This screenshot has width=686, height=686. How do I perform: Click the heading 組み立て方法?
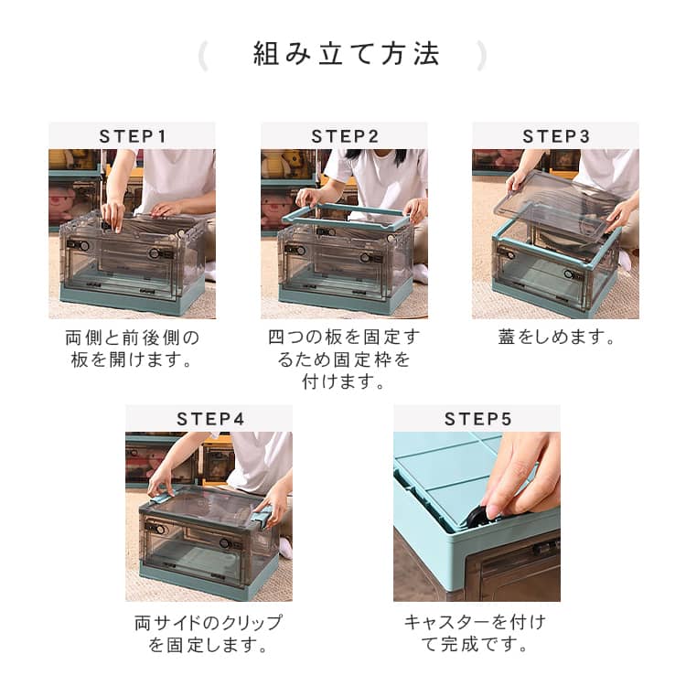point(346,54)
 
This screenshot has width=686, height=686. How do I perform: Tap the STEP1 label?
point(132,136)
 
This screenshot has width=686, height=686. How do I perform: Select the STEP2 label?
point(344,136)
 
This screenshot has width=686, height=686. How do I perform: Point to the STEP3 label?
point(555,136)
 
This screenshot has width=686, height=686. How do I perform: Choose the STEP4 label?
point(209,419)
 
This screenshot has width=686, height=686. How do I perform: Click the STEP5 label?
point(477,419)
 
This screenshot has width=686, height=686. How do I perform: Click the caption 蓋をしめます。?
point(556,337)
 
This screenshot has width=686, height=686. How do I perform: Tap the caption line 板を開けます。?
point(132,359)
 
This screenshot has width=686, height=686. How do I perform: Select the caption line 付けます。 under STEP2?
point(344,382)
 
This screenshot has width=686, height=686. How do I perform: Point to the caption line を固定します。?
point(209,645)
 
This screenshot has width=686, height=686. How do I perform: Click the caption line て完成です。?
point(475,645)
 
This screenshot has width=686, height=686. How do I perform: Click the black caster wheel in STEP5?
point(480,516)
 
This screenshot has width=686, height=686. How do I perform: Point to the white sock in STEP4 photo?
point(285,547)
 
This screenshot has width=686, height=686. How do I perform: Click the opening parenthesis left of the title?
point(202,56)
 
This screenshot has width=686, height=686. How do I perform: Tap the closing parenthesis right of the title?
point(481,56)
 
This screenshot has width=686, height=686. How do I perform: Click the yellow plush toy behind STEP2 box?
point(289,163)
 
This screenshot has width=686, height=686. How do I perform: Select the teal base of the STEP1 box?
point(131,297)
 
